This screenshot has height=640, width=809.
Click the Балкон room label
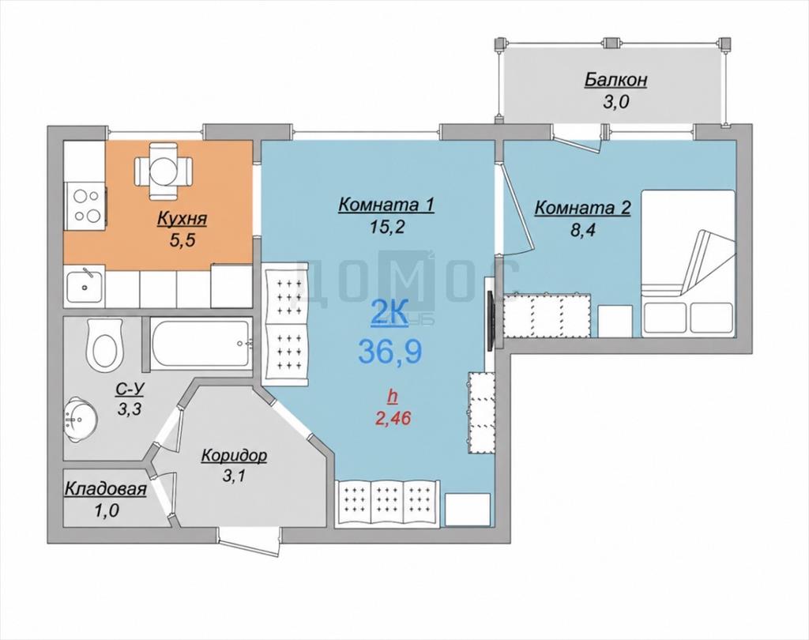[x=615, y=81]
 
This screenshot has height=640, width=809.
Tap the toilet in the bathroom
[x=105, y=344]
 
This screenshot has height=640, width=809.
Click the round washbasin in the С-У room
[x=79, y=419]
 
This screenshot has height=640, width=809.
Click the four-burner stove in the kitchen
[x=85, y=206]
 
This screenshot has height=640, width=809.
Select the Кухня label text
[x=182, y=219]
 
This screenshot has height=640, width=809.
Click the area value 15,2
[x=386, y=228]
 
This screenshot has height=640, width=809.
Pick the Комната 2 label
[x=582, y=208]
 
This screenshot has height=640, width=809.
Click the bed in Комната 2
[x=688, y=263]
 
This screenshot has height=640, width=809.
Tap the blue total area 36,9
[x=390, y=352]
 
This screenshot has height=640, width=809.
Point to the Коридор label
[x=234, y=456]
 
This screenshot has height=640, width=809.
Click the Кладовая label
[x=106, y=489]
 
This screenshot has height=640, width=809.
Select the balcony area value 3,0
[x=615, y=102]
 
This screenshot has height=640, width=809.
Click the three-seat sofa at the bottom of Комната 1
[x=387, y=503]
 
